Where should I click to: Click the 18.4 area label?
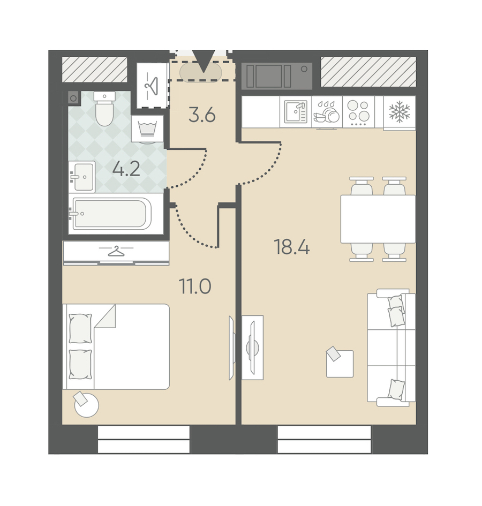(x=291, y=247)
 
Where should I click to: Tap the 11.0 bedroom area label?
(x=195, y=286)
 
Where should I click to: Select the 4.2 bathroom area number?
(x=126, y=169)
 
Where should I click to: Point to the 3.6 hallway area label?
(x=202, y=115)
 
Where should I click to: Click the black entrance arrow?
(x=204, y=61)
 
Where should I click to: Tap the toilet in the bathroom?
(x=104, y=108)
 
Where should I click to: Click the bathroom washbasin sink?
(x=82, y=177)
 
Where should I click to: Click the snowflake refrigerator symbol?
(x=400, y=112)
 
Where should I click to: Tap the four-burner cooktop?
(x=358, y=112)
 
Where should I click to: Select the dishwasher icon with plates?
(x=327, y=112)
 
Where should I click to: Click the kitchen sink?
(x=296, y=112)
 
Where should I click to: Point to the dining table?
(x=378, y=219)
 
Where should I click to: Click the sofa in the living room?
(x=391, y=348)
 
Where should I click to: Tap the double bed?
(x=116, y=346)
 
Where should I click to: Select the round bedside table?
(x=86, y=405)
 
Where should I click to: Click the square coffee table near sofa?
(x=340, y=362)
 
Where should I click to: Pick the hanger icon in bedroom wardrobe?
(x=116, y=251)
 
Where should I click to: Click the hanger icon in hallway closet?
(x=152, y=86)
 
